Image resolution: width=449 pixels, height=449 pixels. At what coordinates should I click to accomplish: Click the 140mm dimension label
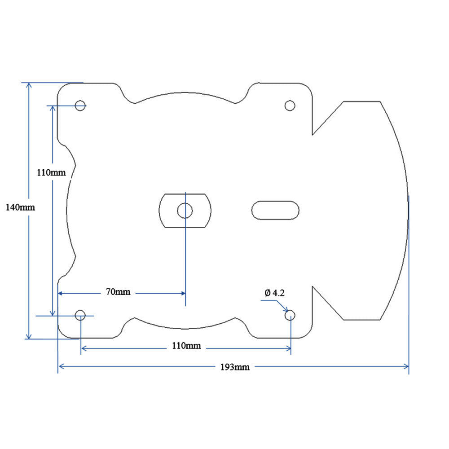click(x=20, y=207)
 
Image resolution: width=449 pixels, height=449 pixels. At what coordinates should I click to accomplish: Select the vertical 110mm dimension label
click(x=51, y=172)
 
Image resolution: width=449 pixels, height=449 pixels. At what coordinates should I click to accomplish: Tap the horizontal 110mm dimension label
click(x=186, y=346)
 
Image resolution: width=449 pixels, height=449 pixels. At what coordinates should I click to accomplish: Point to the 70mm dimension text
click(x=118, y=292)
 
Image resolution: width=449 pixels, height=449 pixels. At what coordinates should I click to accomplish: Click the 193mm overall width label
click(x=235, y=367)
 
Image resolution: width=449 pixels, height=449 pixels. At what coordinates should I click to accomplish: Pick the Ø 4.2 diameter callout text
click(x=275, y=293)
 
